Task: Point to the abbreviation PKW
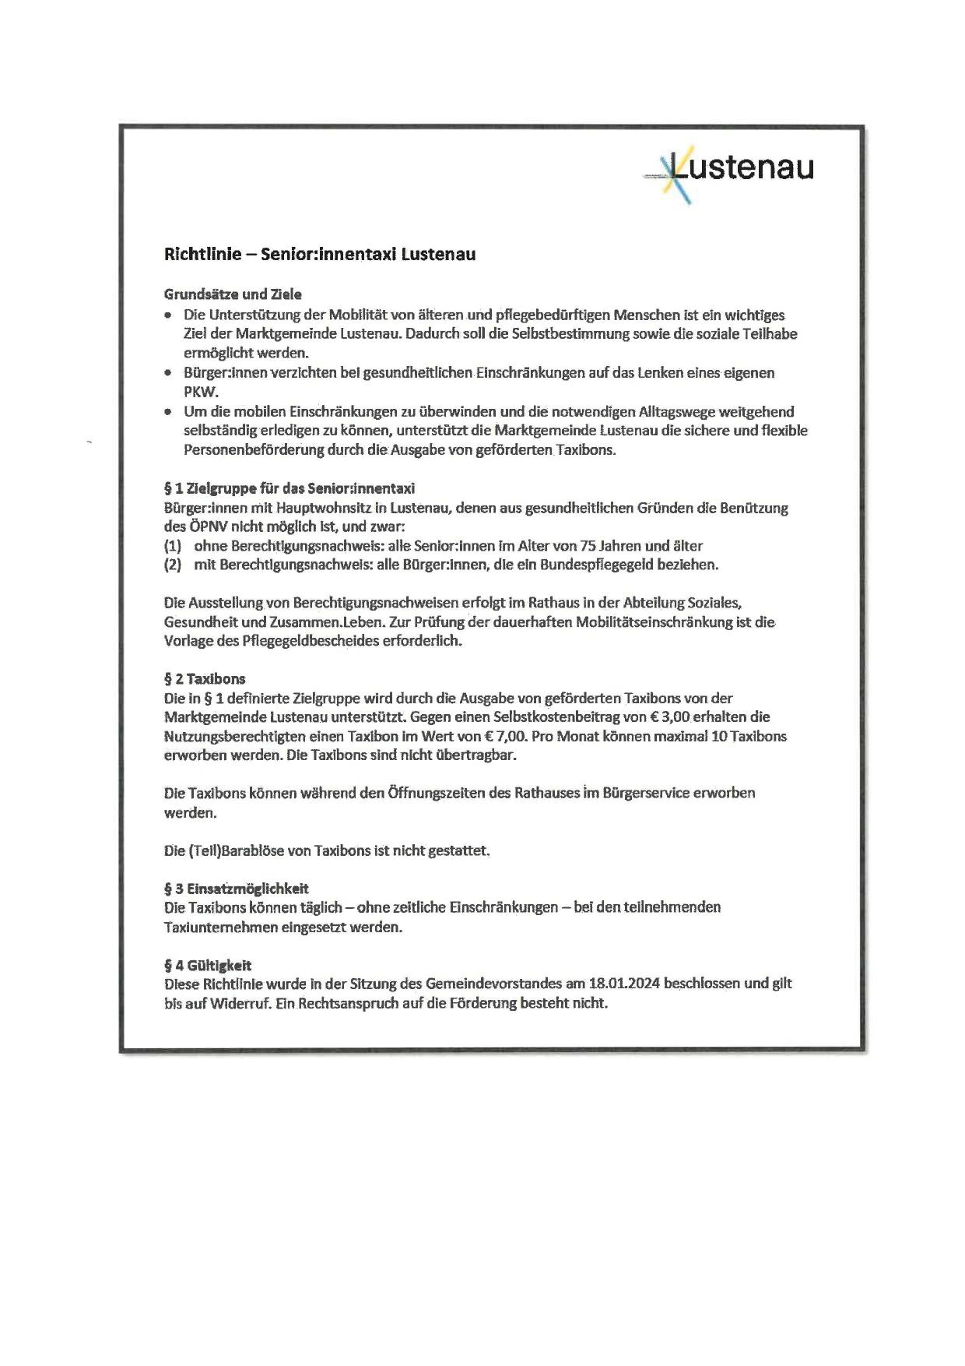pyautogui.click(x=201, y=391)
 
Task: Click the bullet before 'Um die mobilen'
pyautogui.click(x=168, y=411)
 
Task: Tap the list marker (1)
pyautogui.click(x=173, y=546)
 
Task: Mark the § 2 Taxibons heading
pyautogui.click(x=205, y=678)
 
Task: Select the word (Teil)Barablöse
pyautogui.click(x=224, y=850)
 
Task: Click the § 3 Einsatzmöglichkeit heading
pyautogui.click(x=237, y=888)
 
